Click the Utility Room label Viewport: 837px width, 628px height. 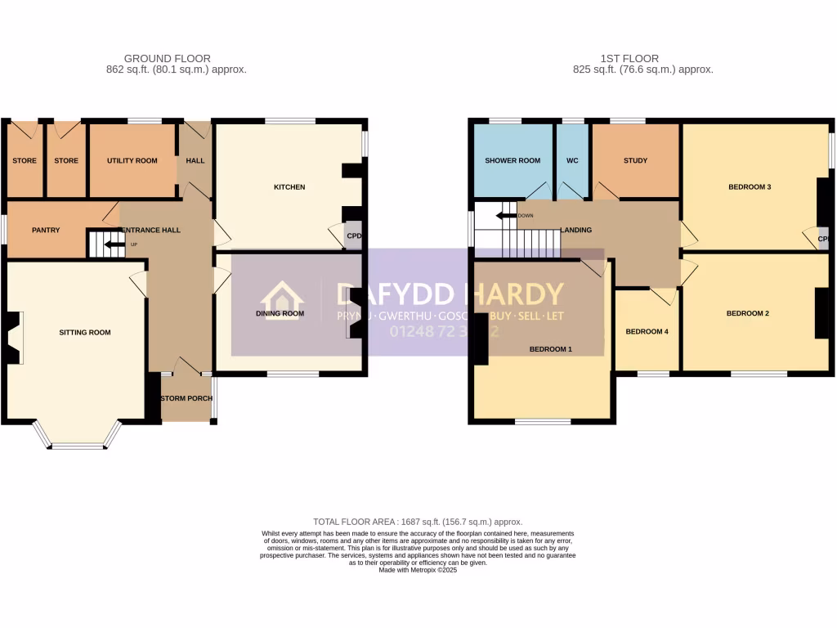click(132, 161)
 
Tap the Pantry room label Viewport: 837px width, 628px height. click(46, 231)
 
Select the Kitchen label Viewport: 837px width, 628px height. click(289, 187)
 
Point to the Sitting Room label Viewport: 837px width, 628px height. click(84, 333)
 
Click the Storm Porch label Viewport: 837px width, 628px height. click(187, 399)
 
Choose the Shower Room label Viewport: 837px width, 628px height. click(512, 161)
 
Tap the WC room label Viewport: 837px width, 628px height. click(572, 161)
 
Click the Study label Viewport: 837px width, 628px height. click(635, 161)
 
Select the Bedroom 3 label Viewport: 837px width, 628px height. click(750, 187)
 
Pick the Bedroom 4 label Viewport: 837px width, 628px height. click(647, 332)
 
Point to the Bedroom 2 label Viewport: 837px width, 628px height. click(748, 313)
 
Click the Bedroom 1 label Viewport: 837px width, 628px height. click(550, 349)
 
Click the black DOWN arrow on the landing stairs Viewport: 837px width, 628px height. click(504, 216)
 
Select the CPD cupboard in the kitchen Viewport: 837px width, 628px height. click(353, 236)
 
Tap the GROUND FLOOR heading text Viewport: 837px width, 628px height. click(167, 59)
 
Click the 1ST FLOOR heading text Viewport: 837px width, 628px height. click(629, 59)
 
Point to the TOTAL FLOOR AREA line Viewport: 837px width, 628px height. click(418, 522)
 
